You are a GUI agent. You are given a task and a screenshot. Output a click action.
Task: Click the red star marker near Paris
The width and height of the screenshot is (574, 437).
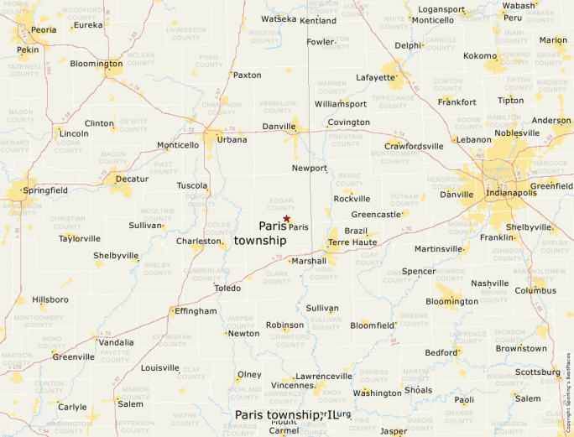pos(286,219)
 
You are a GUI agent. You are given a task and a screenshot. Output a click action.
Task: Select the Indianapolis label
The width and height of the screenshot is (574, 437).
pos(513,193)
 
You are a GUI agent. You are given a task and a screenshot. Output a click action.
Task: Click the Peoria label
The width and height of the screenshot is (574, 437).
pos(43,29)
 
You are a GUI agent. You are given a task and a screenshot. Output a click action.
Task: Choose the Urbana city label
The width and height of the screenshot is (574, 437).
pos(232,140)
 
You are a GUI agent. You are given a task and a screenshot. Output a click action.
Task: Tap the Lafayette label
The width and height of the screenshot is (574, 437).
pos(375,77)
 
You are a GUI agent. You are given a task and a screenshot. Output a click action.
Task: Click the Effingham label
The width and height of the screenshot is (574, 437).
pos(196,311)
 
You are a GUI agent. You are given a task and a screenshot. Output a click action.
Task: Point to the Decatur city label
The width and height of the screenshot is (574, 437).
pos(132,179)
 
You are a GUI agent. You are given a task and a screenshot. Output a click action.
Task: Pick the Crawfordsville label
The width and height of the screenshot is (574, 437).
pos(414,146)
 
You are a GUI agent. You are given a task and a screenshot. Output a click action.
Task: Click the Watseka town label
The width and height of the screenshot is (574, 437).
pos(279,18)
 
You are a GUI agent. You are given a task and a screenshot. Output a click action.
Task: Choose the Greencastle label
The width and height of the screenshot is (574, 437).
pos(377,215)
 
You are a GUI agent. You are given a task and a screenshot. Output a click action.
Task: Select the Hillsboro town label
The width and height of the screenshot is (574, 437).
pos(50,299)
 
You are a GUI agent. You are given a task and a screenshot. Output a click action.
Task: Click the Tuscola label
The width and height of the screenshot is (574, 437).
pos(192,185)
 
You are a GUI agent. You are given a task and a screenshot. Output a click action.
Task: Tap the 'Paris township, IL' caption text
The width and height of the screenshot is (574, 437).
pos(290,414)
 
